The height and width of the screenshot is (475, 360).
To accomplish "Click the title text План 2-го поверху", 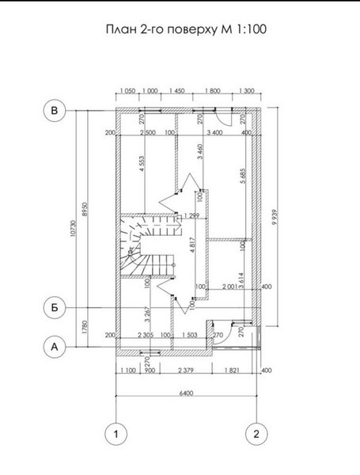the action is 161,30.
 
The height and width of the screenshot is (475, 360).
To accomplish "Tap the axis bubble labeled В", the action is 55,111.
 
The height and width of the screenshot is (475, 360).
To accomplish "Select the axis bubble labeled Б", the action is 55,308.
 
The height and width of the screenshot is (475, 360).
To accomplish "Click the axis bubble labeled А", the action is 55,347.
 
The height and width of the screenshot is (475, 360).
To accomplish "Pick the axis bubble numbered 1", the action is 116,434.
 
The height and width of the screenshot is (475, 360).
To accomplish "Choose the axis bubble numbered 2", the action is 256,434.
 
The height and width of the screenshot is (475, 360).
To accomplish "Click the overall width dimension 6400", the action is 186,393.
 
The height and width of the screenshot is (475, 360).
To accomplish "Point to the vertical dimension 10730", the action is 74,229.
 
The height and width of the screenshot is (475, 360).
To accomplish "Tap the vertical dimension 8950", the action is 85,209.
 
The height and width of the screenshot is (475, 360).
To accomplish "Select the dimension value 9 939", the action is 275,217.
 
